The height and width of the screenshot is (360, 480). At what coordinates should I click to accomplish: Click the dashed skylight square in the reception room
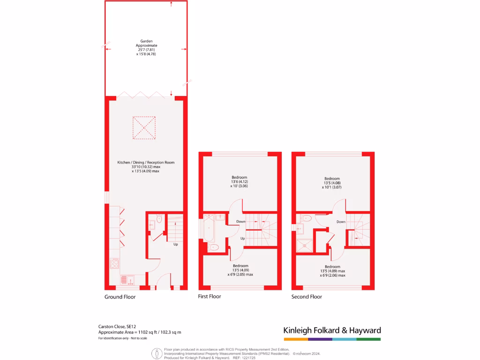144,127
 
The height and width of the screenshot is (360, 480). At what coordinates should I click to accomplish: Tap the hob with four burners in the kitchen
114,263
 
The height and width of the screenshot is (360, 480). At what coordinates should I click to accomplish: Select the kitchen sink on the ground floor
127,280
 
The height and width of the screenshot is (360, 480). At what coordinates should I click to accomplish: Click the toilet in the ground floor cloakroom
159,218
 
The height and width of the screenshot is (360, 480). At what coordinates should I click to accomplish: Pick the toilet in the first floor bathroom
214,247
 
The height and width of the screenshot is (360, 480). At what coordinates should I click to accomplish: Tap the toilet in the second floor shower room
307,218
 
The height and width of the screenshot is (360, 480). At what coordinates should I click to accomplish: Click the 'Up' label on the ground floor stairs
175,244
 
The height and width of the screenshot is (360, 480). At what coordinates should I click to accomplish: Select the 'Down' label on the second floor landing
341,222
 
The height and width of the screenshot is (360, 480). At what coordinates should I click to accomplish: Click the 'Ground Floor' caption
120,297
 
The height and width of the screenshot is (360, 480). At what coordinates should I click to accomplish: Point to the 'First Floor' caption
209,296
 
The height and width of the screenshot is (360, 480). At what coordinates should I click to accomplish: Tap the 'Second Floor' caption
307,297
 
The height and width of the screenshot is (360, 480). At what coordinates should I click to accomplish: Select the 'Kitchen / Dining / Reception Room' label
146,163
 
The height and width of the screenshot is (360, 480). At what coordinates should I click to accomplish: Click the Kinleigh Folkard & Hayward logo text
332,330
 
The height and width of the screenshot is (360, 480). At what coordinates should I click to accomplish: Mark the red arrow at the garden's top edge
171,4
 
